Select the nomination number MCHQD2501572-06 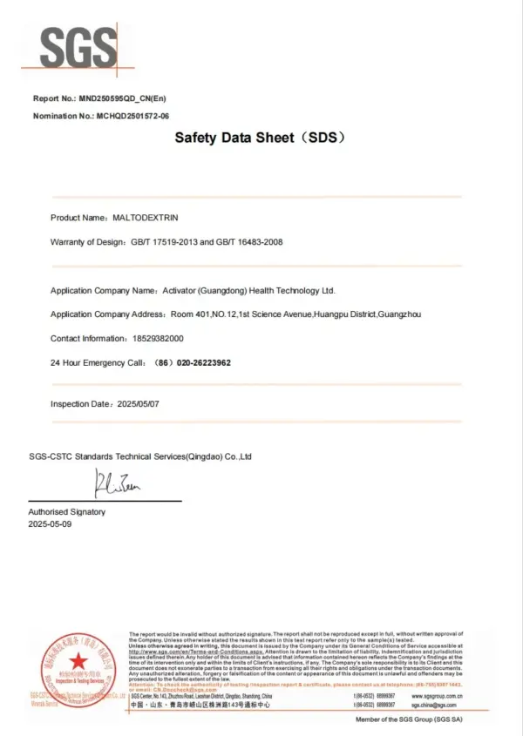[133, 116]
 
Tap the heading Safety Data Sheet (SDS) [261, 138]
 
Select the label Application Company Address [107, 314]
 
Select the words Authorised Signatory [67, 512]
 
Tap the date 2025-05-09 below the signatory [51, 524]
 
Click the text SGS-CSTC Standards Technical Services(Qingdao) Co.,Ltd [140, 456]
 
